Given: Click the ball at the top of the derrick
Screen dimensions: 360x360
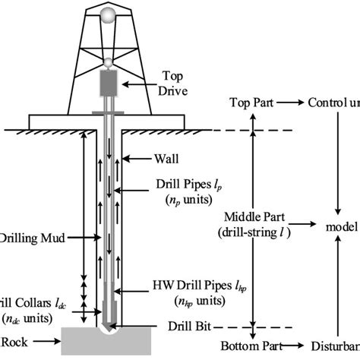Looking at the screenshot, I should point(110,17).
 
